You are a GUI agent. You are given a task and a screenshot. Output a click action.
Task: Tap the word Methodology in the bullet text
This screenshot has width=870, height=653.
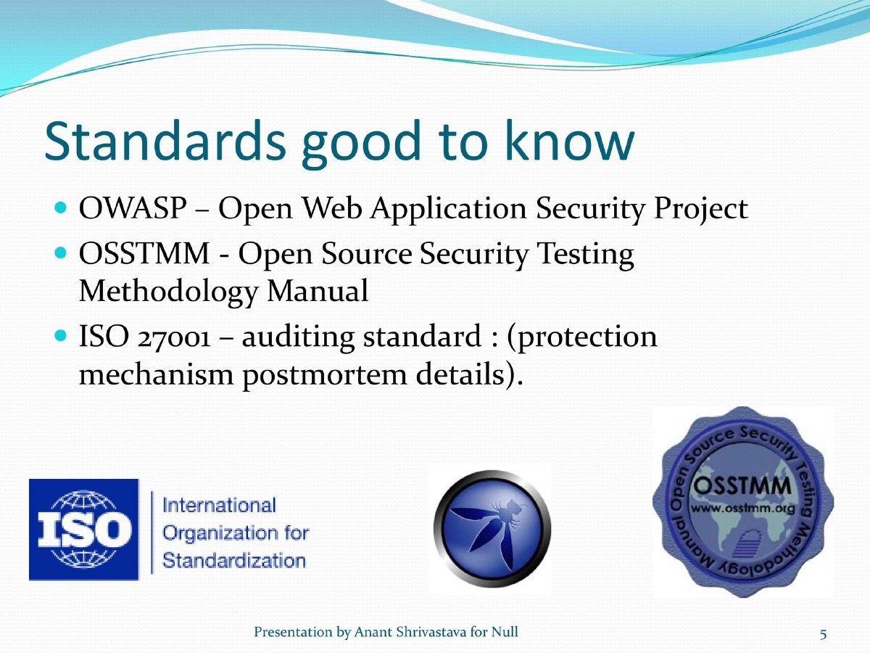(x=167, y=292)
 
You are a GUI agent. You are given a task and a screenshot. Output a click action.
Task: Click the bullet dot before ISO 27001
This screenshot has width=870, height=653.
(x=61, y=338)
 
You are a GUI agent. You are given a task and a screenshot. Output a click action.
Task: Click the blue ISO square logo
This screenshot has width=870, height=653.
(x=84, y=529)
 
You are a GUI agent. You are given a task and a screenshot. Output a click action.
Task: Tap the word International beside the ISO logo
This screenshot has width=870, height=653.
(x=219, y=505)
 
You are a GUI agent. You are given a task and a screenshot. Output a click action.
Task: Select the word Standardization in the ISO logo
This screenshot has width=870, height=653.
(x=233, y=560)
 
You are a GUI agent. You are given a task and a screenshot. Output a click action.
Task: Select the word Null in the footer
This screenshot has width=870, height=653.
(x=505, y=633)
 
